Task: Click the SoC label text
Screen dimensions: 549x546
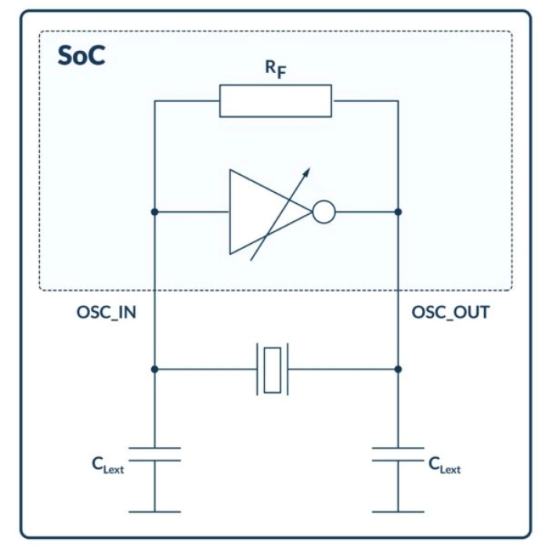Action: [81, 56]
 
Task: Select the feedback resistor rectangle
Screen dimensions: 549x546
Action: [275, 101]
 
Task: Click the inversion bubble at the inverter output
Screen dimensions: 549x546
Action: [324, 212]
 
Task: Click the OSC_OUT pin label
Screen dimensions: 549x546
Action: [450, 313]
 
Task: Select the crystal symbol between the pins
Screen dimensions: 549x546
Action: [272, 368]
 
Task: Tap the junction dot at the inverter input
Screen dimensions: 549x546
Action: [154, 212]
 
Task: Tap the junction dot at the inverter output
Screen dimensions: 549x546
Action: [399, 212]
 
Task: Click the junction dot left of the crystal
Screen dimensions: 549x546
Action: [154, 368]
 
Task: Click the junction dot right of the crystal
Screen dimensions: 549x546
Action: [399, 368]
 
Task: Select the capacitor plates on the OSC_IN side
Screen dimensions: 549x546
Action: [154, 454]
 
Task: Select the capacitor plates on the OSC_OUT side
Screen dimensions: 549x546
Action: [399, 454]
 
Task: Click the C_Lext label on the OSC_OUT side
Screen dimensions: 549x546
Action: [444, 465]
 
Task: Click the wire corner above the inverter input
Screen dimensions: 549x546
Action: [154, 101]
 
